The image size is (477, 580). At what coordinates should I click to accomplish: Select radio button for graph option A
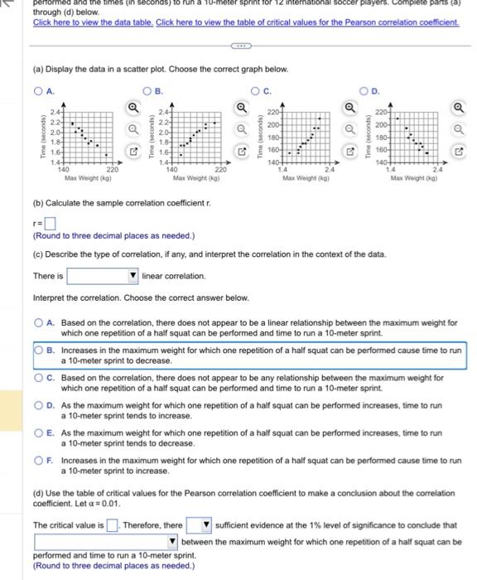pos(38,89)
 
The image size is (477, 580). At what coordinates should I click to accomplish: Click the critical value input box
pos(112,525)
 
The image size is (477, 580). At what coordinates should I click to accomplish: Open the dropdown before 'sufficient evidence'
pos(198,525)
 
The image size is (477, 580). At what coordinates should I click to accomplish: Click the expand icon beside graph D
pos(460,154)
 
